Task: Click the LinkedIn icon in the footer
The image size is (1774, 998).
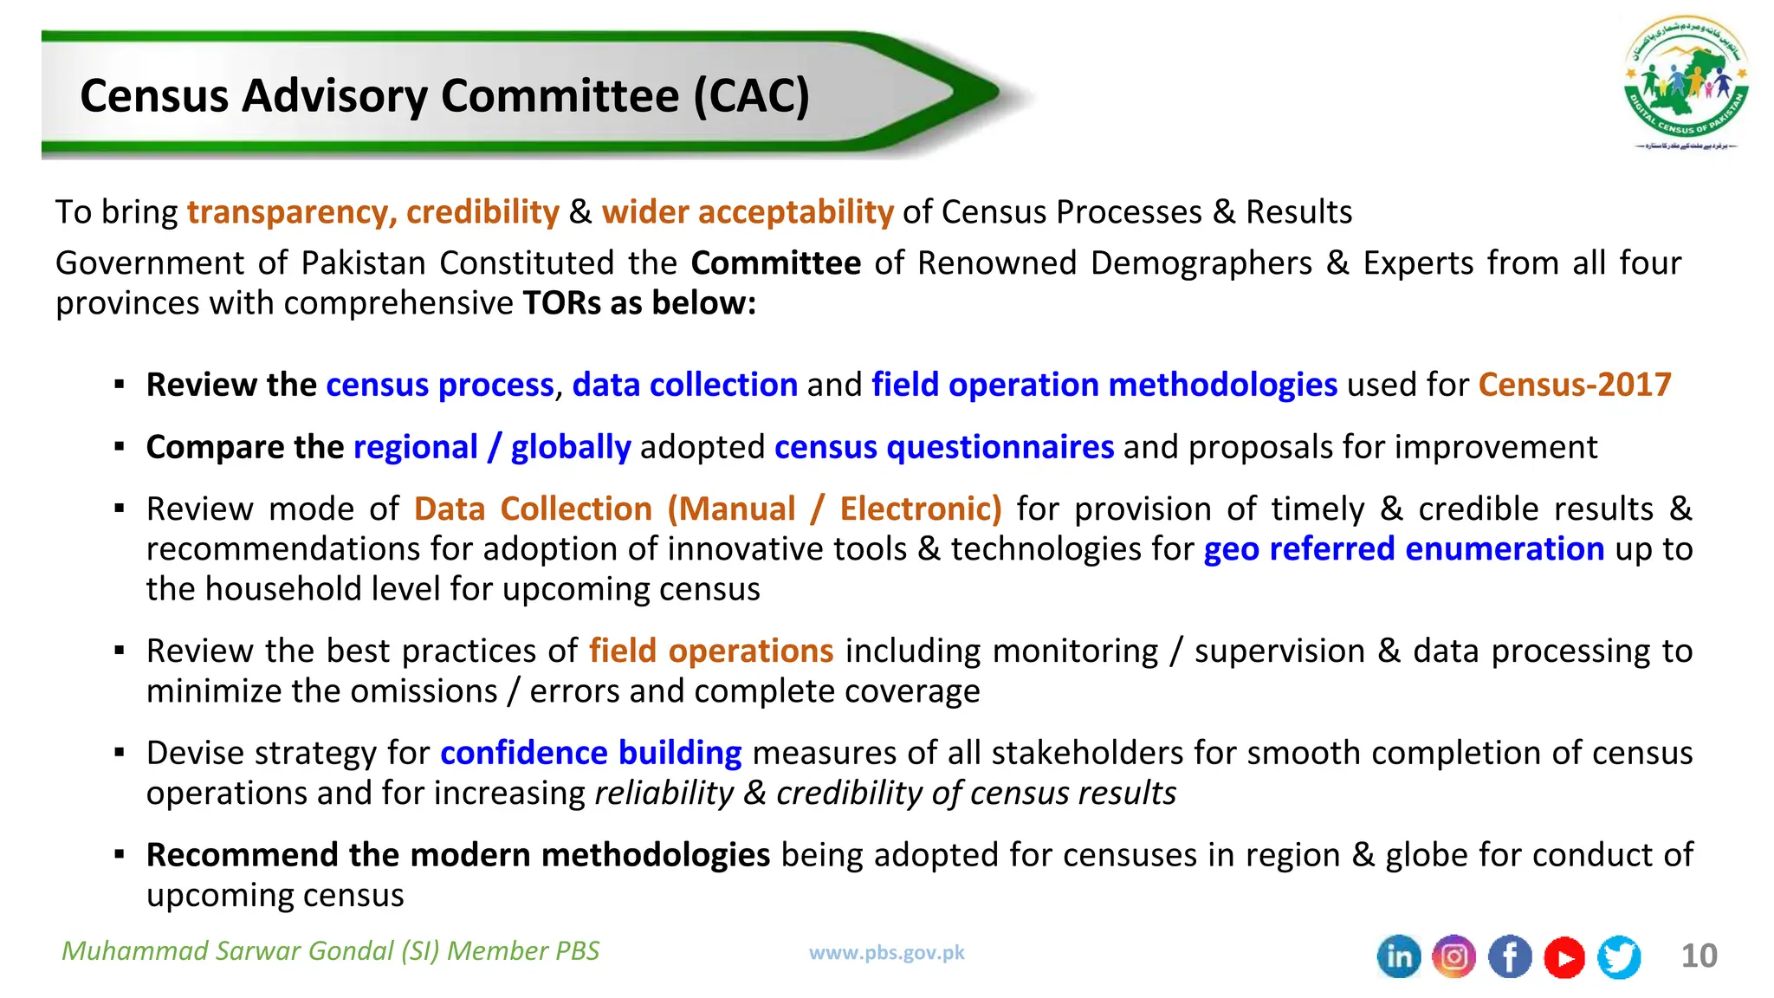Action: (x=1399, y=957)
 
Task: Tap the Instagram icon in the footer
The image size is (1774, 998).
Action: (x=1454, y=957)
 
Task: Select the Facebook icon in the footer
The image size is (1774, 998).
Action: (x=1510, y=957)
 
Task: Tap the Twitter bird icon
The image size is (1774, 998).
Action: (x=1619, y=957)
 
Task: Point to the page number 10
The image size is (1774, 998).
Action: (x=1699, y=956)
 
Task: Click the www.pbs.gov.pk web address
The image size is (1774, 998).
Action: (x=886, y=953)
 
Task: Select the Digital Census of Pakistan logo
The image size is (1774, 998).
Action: (x=1686, y=82)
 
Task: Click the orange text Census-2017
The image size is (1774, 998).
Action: (x=1575, y=385)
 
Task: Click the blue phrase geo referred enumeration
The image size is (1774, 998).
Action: (x=1403, y=549)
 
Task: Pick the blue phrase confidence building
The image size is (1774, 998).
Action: (x=591, y=753)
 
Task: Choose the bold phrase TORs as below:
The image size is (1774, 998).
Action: (x=639, y=303)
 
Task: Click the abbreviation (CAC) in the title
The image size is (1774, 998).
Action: (x=751, y=95)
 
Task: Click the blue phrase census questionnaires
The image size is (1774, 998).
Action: (x=943, y=447)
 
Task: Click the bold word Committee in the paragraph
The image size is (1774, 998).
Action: (x=775, y=262)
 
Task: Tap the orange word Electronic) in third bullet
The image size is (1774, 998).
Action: (x=920, y=509)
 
